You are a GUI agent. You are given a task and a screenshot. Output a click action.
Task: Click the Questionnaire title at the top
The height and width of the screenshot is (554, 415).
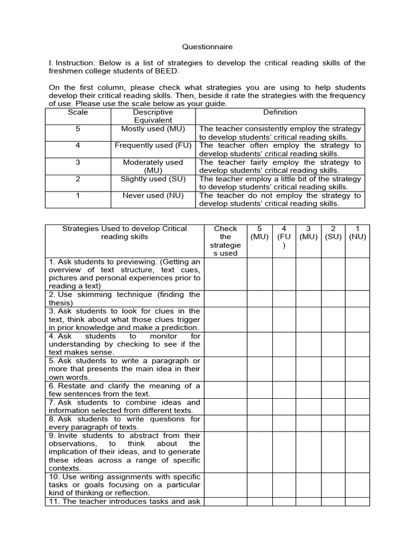pos(207,47)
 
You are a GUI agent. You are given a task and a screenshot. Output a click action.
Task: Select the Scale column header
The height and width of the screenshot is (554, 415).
pos(78,113)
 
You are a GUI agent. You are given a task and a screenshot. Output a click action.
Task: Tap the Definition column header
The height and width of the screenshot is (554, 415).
pos(280,113)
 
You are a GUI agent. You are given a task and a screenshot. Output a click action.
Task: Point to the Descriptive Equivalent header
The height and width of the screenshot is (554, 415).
pos(153,116)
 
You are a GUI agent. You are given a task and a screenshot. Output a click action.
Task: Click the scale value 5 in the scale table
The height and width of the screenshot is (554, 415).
pos(78,129)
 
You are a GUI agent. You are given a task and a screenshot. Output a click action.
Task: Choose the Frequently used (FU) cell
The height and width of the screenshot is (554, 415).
pos(153,146)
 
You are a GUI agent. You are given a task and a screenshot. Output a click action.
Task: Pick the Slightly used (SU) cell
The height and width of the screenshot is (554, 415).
pos(153,179)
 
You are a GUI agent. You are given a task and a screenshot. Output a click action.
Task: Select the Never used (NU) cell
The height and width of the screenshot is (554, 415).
pos(153,196)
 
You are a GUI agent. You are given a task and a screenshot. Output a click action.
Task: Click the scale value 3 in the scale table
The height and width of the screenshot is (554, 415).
pos(78,162)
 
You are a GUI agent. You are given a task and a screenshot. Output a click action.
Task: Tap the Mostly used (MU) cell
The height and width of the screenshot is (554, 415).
pos(153,129)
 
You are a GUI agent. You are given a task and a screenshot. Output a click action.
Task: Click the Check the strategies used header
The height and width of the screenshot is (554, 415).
pos(225,241)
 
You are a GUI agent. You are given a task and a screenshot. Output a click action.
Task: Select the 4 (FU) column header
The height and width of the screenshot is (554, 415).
pos(284,237)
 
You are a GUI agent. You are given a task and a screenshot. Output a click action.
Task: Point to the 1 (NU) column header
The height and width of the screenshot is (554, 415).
pos(357,233)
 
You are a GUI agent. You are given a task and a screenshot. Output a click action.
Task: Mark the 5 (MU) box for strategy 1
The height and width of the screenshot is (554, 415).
pos(260,274)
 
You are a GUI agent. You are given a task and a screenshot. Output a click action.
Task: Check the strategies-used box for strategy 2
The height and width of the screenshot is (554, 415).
pos(225,299)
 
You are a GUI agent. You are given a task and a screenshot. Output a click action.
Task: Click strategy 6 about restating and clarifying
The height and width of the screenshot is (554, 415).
pos(124,390)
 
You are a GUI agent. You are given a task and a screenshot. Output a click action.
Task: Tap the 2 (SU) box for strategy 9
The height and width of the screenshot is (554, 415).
pos(333,452)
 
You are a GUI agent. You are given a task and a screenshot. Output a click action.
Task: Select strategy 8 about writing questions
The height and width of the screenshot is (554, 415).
pos(124,423)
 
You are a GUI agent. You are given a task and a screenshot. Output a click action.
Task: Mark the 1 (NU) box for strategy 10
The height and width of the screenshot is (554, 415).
pos(357,485)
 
